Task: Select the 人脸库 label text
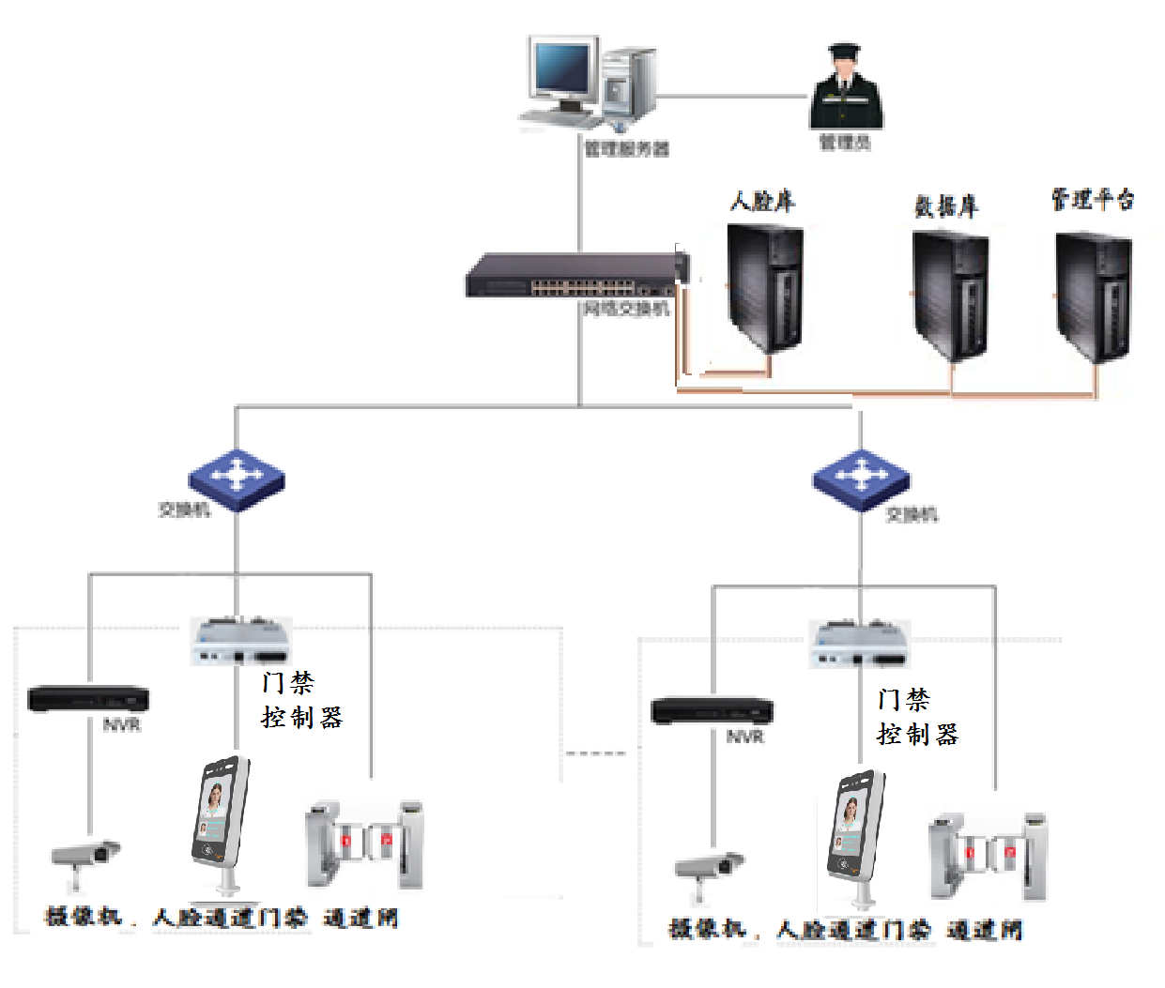point(762,201)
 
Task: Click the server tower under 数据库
point(950,295)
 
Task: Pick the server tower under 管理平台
point(1093,296)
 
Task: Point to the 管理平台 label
point(1092,199)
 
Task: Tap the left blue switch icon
point(237,479)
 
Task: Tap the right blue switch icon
point(861,479)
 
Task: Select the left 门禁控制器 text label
point(301,700)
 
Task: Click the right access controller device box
point(858,644)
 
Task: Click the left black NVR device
point(88,699)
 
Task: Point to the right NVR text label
point(745,737)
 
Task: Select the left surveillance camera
point(84,858)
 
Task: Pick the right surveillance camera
point(709,868)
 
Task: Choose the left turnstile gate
point(364,844)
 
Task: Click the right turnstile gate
point(988,855)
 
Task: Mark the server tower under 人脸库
point(765,289)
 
